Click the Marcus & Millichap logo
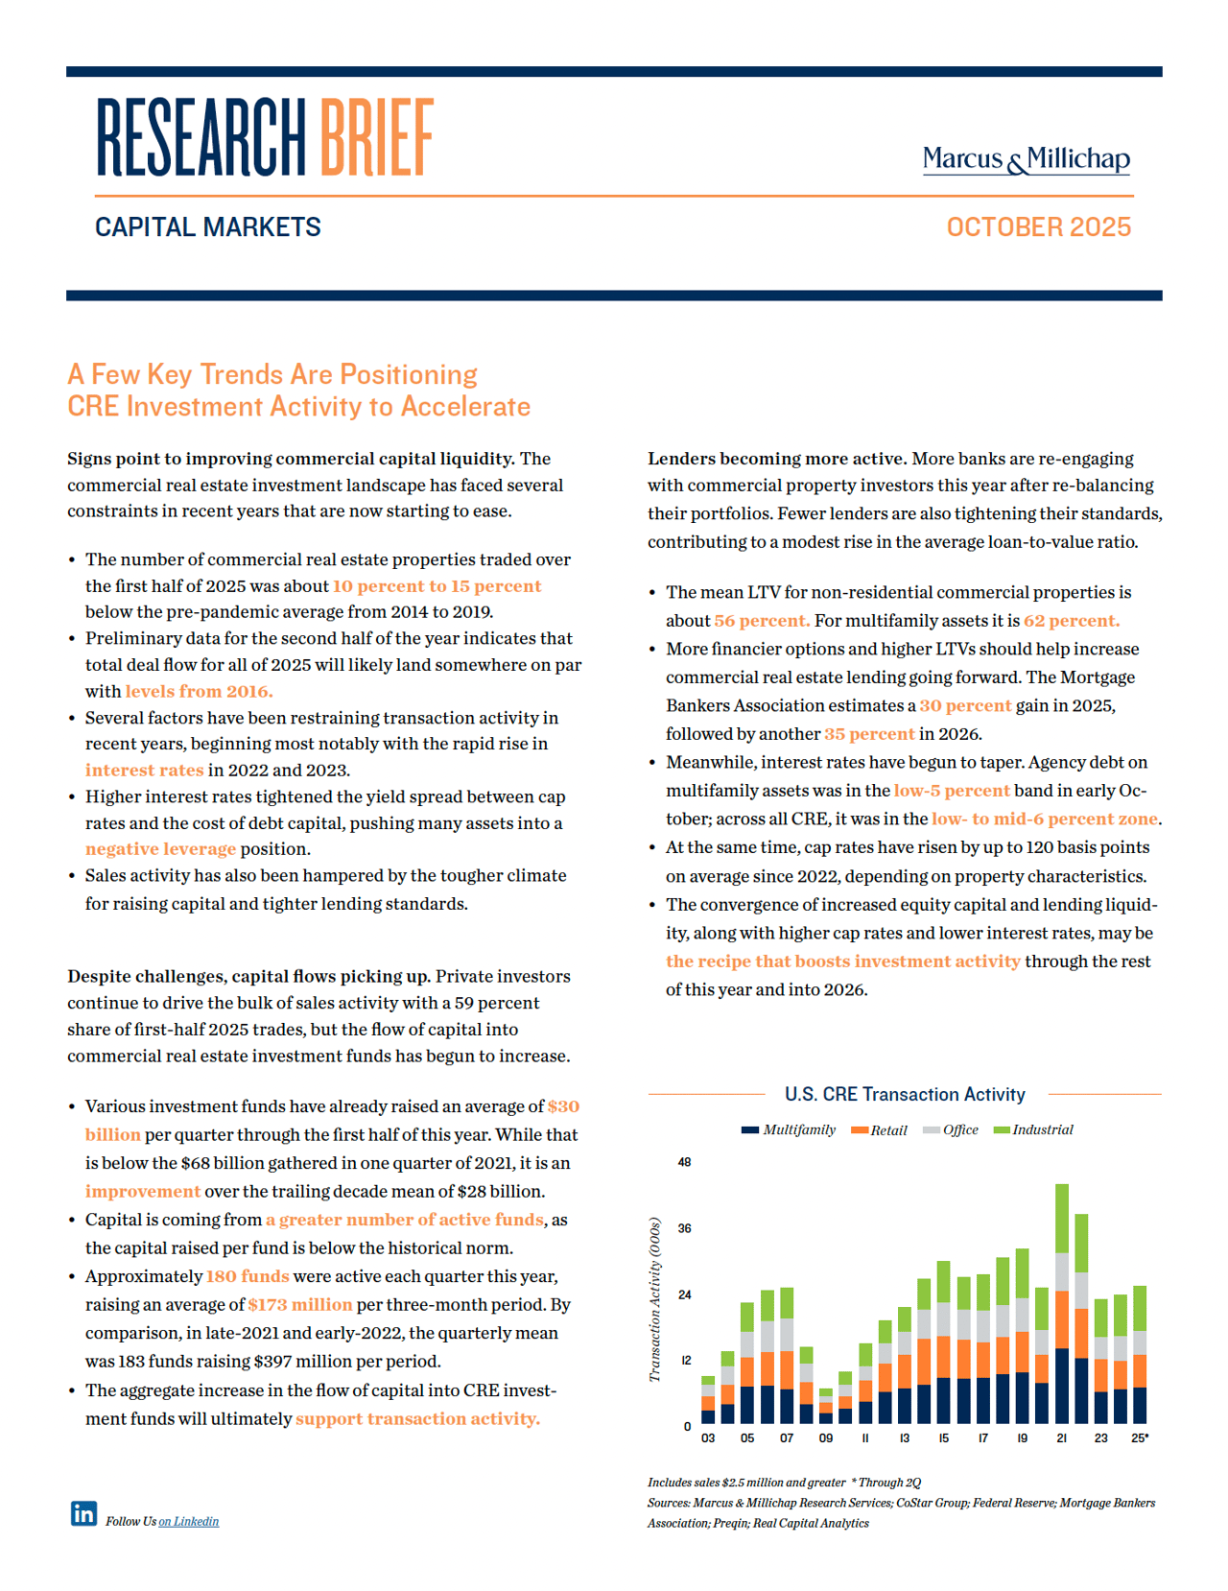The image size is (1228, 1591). coord(1026,159)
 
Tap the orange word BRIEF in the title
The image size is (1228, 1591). coord(376,138)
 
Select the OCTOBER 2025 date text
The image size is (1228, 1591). coord(1038,227)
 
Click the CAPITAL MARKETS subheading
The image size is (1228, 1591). coord(208,227)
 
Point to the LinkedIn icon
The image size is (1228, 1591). coord(83,1513)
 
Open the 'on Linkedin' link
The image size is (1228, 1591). coord(189,1521)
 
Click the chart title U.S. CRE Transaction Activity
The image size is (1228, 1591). coord(905,1094)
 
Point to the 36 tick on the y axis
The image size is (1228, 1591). coord(684,1228)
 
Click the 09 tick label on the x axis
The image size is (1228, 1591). coord(826,1438)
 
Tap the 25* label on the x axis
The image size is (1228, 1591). coord(1140,1438)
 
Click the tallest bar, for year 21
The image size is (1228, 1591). coord(1062,1305)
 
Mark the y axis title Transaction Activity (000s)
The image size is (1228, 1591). coord(655,1299)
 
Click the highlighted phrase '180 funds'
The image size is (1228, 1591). coord(248,1276)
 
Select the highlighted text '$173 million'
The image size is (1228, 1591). coord(300,1305)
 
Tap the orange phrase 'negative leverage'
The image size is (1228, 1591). coord(160,849)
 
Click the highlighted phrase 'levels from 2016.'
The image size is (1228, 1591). coord(199,691)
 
